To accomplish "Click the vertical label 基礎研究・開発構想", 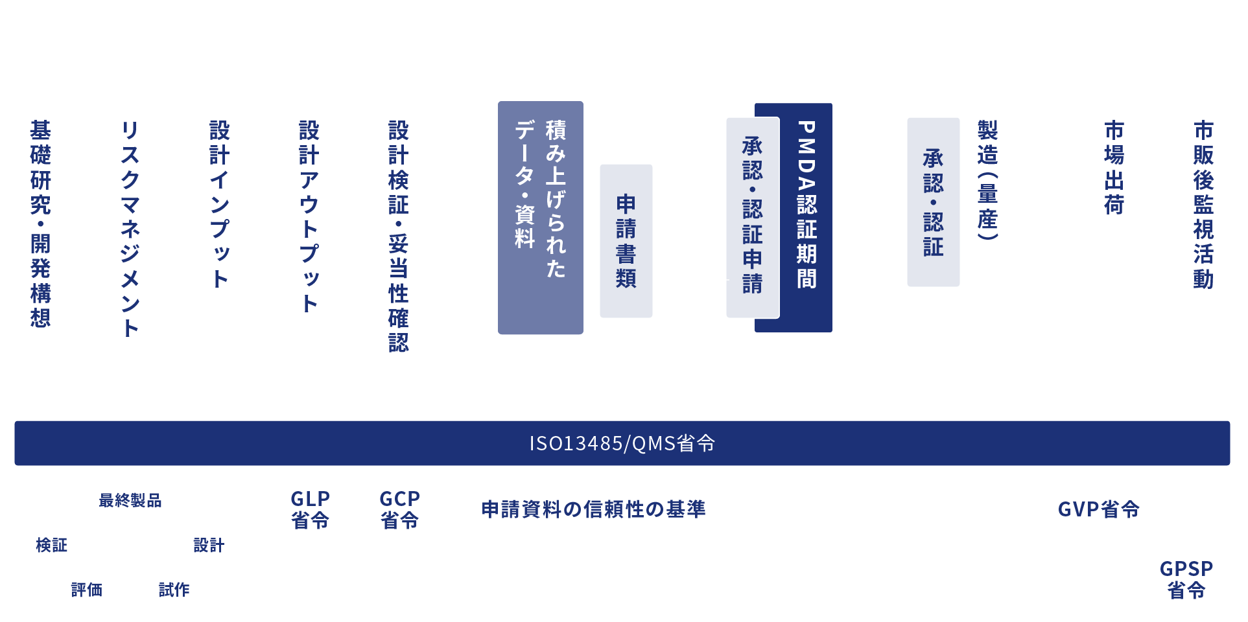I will pos(40,224).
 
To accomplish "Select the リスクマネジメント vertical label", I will pos(130,228).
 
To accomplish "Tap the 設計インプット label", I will pos(220,203).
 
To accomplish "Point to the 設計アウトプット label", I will pos(309,216).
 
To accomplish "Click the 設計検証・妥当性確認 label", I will pos(398,236).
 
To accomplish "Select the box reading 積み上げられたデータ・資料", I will pos(540,218).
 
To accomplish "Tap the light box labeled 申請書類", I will pos(626,241).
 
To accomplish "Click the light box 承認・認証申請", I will pos(752,217).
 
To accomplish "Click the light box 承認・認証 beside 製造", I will pos(933,202).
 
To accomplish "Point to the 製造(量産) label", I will pos(987,179).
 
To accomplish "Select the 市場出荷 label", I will pos(1114,167).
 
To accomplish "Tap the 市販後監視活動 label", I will pos(1203,204).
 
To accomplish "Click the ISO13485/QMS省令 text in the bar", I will pos(622,443).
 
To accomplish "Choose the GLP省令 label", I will pos(310,509).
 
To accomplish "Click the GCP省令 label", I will pos(399,509).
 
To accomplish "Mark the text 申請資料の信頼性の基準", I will pos(593,509).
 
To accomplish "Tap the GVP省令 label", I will pos(1098,509).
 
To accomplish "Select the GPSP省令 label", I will pos(1186,579).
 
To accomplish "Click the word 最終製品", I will pos(130,500).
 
